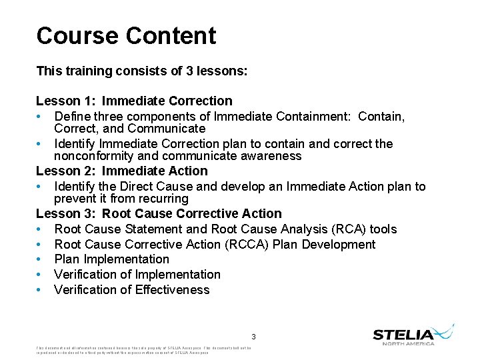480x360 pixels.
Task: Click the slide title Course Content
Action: [126, 36]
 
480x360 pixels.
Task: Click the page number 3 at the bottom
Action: [253, 337]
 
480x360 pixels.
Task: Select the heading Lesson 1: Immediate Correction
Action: [134, 101]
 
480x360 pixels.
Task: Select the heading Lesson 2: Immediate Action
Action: [122, 171]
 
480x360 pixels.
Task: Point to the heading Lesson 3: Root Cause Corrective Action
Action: [159, 213]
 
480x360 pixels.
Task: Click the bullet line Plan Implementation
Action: [111, 259]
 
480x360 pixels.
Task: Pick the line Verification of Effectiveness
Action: [131, 289]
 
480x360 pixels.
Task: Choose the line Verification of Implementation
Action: [137, 274]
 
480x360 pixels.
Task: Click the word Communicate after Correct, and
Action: [166, 128]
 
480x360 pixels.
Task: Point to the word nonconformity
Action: [93, 156]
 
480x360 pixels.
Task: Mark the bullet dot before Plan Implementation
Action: [39, 259]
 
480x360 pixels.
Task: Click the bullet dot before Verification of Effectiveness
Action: [39, 290]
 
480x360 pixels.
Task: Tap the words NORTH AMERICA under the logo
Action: [408, 343]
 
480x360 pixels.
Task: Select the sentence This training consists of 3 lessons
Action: [142, 70]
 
